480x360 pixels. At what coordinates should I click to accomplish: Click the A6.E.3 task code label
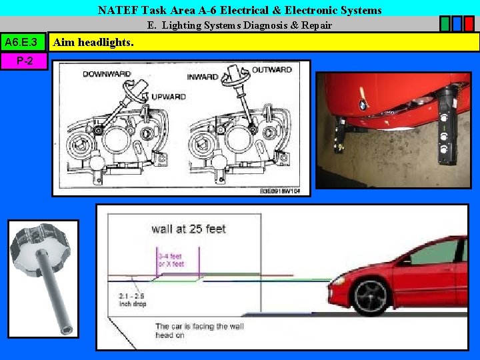click(x=23, y=43)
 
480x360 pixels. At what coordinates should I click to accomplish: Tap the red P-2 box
click(x=23, y=61)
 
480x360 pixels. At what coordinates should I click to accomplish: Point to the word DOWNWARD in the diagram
click(x=107, y=74)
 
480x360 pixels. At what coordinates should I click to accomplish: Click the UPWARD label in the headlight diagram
click(x=168, y=97)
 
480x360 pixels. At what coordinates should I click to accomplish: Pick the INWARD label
click(x=203, y=77)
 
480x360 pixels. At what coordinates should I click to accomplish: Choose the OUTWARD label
click(x=271, y=70)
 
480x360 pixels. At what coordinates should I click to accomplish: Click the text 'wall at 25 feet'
click(x=189, y=229)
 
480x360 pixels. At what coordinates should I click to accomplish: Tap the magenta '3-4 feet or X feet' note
click(x=171, y=260)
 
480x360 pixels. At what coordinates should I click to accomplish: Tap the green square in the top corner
click(x=445, y=24)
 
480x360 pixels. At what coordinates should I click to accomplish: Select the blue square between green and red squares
click(x=457, y=24)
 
